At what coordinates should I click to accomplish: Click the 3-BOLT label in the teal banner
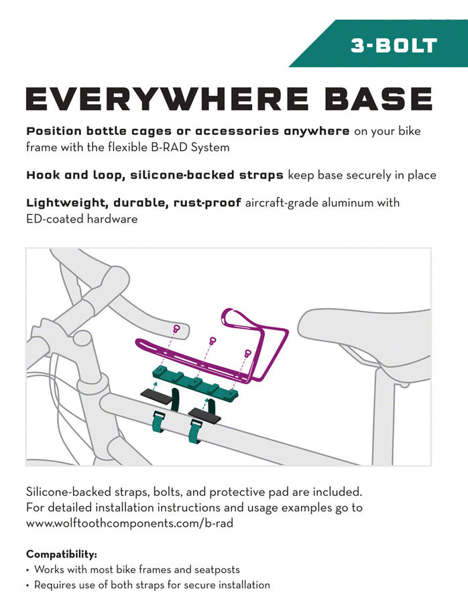tap(394, 46)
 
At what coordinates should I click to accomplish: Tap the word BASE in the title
tap(378, 99)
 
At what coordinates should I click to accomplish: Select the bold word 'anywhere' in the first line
tap(316, 132)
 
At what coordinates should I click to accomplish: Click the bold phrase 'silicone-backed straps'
tap(207, 175)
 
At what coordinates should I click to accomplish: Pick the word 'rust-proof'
tap(207, 203)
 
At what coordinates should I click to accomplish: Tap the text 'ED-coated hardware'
tap(82, 219)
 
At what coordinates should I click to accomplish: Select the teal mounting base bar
tap(195, 382)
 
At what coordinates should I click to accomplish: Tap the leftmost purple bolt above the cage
tap(176, 329)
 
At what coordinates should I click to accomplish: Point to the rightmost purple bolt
tap(247, 352)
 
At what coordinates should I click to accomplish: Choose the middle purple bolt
tap(212, 340)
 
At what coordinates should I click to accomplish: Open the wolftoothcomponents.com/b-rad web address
tap(129, 523)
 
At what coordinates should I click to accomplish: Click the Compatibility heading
tap(62, 554)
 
